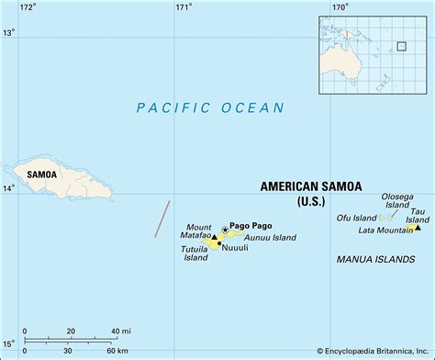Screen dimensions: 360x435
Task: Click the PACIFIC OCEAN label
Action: pyautogui.click(x=210, y=108)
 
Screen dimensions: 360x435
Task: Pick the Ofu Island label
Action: pyautogui.click(x=358, y=218)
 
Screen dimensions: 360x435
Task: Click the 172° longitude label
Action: pyautogui.click(x=28, y=7)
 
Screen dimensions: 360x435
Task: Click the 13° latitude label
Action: pyautogui.click(x=8, y=33)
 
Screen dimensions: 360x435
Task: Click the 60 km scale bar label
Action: pyautogui.click(x=117, y=350)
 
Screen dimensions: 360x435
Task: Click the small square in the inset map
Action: pyautogui.click(x=401, y=46)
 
